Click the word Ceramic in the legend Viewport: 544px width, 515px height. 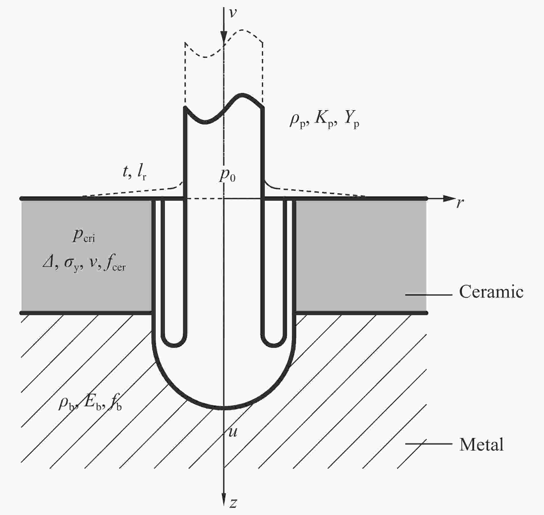pos(491,292)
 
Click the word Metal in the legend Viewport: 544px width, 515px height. pos(481,444)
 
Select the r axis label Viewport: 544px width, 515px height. pos(460,203)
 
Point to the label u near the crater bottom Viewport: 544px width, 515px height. pos(233,432)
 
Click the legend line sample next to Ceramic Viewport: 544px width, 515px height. pos(429,295)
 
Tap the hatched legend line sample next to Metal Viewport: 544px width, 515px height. pos(429,444)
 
